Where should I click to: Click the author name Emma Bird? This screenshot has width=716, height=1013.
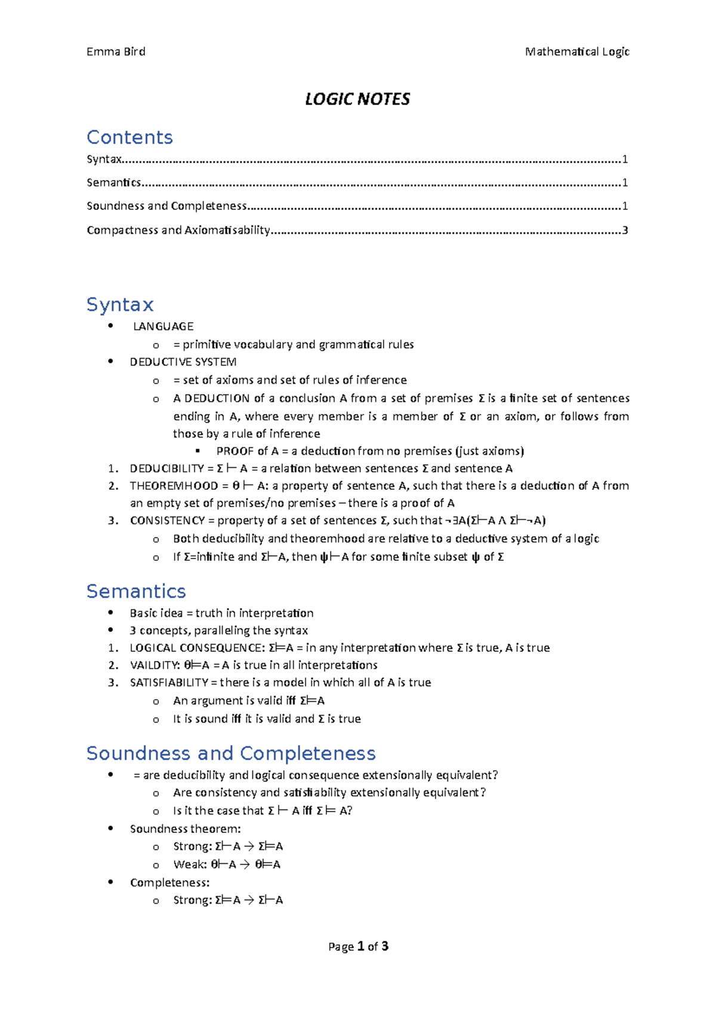coord(116,52)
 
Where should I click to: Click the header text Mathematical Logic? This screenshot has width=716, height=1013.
coord(577,52)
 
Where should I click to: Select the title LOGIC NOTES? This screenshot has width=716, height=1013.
coord(357,99)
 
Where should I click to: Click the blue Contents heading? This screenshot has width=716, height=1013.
coord(129,137)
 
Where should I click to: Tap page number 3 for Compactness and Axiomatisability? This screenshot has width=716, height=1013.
coord(625,230)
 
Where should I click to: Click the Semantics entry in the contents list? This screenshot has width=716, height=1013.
coord(113,183)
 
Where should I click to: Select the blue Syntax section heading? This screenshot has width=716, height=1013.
coord(120,304)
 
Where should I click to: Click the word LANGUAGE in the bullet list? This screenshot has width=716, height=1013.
coord(163,326)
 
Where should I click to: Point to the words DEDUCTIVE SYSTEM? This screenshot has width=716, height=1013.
coord(183,362)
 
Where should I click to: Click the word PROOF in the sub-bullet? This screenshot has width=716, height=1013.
coord(235,451)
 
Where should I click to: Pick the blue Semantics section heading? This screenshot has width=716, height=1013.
coord(136,591)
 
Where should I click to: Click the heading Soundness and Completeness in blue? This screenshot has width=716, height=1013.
coord(231,753)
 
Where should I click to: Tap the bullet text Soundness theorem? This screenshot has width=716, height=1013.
coord(186,829)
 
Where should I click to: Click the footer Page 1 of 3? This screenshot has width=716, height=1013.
coord(358,946)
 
